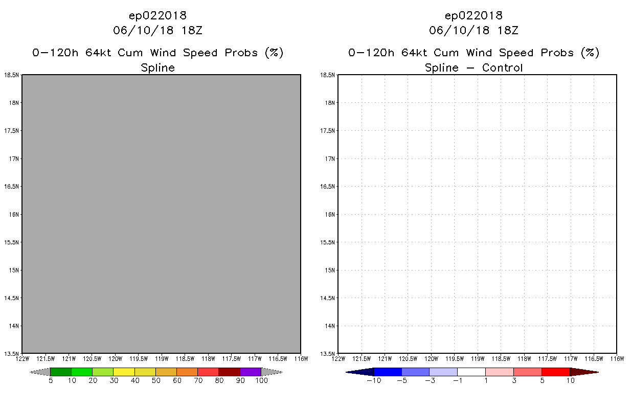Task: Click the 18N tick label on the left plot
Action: click(x=14, y=103)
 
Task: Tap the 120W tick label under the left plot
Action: click(x=116, y=359)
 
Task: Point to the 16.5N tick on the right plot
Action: click(x=327, y=187)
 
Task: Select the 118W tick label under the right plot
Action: click(x=524, y=359)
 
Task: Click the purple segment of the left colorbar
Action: click(x=251, y=372)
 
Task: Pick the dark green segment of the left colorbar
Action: click(x=61, y=372)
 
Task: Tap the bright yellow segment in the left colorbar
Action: click(x=124, y=372)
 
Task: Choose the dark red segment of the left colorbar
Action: click(x=230, y=372)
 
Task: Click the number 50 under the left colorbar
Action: click(x=156, y=380)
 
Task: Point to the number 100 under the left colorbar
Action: click(x=262, y=380)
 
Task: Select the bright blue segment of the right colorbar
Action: click(x=388, y=372)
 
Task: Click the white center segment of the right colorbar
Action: click(x=471, y=372)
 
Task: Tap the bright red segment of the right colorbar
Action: click(x=556, y=372)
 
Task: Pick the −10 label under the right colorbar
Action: click(x=374, y=380)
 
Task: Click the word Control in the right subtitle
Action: click(x=503, y=67)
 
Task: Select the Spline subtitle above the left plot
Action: click(x=157, y=68)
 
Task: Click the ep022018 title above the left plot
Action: click(x=157, y=15)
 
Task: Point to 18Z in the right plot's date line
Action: click(x=508, y=30)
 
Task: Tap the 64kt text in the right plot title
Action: click(x=414, y=53)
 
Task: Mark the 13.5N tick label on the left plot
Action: click(x=11, y=353)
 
